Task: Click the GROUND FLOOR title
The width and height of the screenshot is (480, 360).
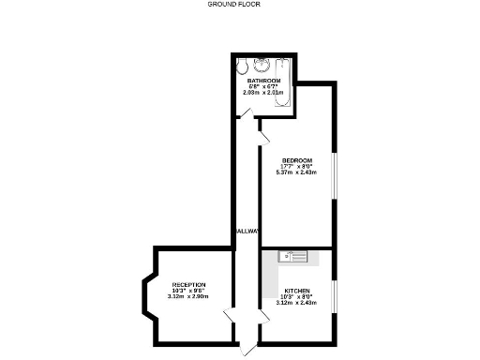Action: [233, 4]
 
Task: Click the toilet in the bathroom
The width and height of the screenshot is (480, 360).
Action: [243, 67]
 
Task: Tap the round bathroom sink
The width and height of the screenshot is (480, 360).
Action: [262, 66]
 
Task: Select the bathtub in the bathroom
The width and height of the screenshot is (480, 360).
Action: [284, 82]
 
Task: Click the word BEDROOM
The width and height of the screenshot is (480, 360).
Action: [296, 160]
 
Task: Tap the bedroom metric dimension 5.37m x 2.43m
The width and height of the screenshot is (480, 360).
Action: [296, 172]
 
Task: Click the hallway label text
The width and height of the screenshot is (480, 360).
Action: [247, 231]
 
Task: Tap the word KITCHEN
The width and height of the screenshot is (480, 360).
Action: [297, 291]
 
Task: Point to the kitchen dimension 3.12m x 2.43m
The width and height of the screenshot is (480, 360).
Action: [297, 303]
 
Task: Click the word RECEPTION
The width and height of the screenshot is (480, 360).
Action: [188, 284]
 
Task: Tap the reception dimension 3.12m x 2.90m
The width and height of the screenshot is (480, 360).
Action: [188, 296]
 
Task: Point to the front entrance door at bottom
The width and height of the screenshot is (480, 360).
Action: [246, 350]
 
